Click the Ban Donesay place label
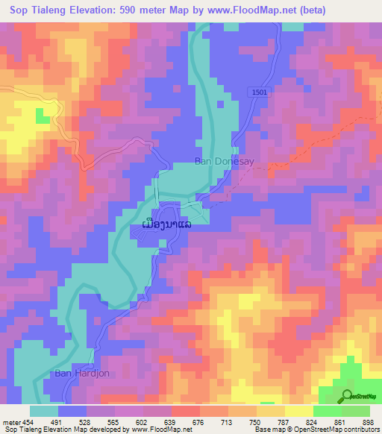pos(219,160)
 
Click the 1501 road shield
pos(259,92)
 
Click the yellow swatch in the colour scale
pos(299,411)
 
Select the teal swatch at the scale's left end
pos(44,411)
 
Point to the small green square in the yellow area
pos(42,117)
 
